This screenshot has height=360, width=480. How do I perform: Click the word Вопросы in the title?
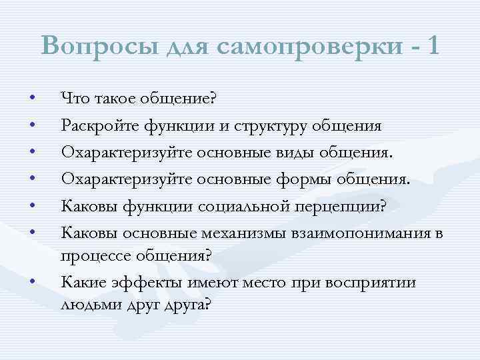coord(96,46)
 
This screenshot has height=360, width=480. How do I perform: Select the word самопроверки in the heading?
coord(297,46)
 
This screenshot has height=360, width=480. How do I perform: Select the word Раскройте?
coord(95,125)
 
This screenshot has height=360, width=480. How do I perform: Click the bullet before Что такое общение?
coord(32,99)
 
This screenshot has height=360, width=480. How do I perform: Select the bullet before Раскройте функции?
coord(32,125)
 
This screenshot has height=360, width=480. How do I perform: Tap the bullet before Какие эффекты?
coord(32,281)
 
